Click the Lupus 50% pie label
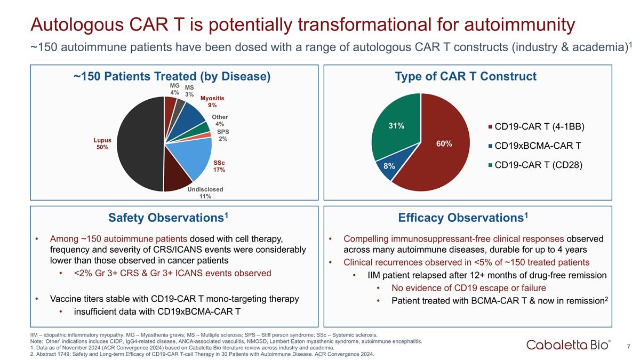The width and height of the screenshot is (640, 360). [x=102, y=143]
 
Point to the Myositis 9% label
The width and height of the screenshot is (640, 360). [x=212, y=102]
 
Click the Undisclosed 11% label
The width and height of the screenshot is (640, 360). [x=205, y=193]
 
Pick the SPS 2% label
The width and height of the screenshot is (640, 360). [x=223, y=135]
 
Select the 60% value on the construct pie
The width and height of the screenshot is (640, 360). [x=444, y=143]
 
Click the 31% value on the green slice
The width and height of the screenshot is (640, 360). [x=396, y=126]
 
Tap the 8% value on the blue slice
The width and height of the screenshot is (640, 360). [x=389, y=166]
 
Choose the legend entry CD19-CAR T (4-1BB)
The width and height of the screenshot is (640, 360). [x=537, y=126]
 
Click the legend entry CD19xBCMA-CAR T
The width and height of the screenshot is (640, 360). [x=535, y=146]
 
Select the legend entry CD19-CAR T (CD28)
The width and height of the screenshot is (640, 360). [x=535, y=165]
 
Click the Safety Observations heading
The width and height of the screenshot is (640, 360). [x=169, y=218]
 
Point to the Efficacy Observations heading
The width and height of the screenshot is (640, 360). [x=463, y=218]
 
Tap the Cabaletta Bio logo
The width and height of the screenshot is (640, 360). [x=569, y=345]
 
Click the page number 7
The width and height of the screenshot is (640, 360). [x=628, y=347]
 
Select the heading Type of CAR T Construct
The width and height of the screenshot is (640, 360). [x=466, y=76]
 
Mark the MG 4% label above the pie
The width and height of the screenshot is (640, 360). [x=174, y=89]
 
